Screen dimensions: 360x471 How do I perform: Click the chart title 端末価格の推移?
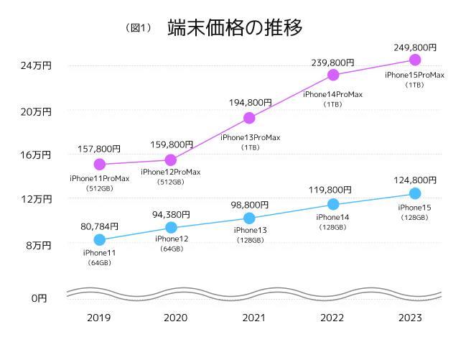pyautogui.click(x=234, y=27)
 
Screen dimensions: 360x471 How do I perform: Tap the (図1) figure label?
pyautogui.click(x=139, y=28)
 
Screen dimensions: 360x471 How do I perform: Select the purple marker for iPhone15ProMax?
pyautogui.click(x=414, y=60)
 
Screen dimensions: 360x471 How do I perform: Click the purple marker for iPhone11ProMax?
pyautogui.click(x=100, y=165)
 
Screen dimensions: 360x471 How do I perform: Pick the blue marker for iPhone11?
pyautogui.click(x=100, y=239)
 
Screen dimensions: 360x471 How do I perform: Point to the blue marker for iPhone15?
pyautogui.click(x=414, y=193)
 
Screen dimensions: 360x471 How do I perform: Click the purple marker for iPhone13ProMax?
pyautogui.click(x=249, y=118)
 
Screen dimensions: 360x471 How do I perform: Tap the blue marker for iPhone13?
pyautogui.click(x=249, y=218)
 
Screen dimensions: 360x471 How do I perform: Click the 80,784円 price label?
pyautogui.click(x=100, y=226)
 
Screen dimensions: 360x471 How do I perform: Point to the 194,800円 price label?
pyautogui.click(x=249, y=103)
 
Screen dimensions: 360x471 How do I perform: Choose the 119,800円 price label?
pyautogui.click(x=332, y=190)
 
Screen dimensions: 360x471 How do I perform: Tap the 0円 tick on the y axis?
pyautogui.click(x=39, y=297)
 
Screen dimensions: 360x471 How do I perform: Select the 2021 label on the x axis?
pyautogui.click(x=249, y=318)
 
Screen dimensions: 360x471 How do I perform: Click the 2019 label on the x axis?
pyautogui.click(x=100, y=318)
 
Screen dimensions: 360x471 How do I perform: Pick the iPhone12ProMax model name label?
pyautogui.click(x=171, y=172)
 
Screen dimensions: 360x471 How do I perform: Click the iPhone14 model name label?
pyautogui.click(x=332, y=217)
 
